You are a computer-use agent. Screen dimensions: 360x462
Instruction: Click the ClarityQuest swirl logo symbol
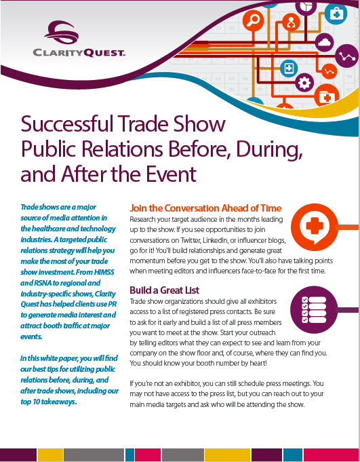click(x=61, y=32)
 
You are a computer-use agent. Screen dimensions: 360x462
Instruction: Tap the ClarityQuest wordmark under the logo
click(x=79, y=53)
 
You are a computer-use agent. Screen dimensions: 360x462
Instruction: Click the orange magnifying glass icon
click(x=253, y=20)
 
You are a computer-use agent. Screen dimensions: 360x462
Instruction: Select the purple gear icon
click(x=304, y=83)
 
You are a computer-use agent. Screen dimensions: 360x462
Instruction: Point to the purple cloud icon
click(x=324, y=43)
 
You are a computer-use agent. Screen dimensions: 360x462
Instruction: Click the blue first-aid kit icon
click(x=336, y=13)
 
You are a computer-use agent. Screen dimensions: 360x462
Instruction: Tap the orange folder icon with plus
click(x=327, y=97)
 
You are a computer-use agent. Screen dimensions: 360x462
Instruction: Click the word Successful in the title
click(x=67, y=123)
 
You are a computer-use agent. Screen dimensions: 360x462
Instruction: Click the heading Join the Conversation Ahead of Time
click(x=205, y=208)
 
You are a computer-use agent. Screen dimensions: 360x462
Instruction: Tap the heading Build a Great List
click(x=164, y=290)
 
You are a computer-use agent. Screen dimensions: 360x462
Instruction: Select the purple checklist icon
click(x=314, y=310)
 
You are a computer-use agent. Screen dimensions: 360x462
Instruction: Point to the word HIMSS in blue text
click(x=104, y=272)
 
